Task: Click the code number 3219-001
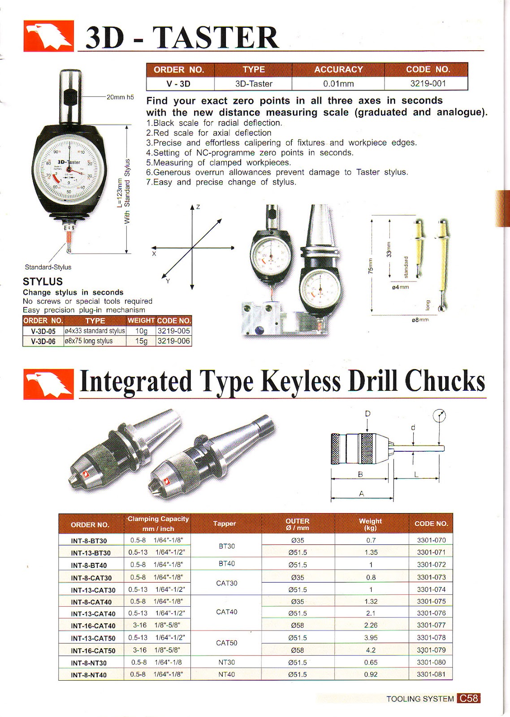tap(428, 83)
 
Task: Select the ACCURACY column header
tap(338, 69)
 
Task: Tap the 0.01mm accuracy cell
tap(338, 84)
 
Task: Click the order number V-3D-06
tap(43, 341)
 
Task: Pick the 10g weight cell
tap(141, 331)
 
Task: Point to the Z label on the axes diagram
tap(198, 207)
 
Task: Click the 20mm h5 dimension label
tap(120, 97)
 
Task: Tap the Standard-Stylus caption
tap(48, 267)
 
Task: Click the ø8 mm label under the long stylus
tap(420, 320)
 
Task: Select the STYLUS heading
tap(43, 281)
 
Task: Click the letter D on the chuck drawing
tap(367, 413)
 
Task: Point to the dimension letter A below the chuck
tap(361, 494)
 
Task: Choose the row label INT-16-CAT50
tap(93, 651)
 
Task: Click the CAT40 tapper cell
tap(227, 612)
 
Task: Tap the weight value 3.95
tap(371, 638)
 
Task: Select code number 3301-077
tap(431, 625)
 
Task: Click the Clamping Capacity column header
tap(158, 523)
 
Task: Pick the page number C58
tap(469, 698)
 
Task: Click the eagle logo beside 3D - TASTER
tap(48, 36)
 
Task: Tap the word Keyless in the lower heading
tap(301, 382)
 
